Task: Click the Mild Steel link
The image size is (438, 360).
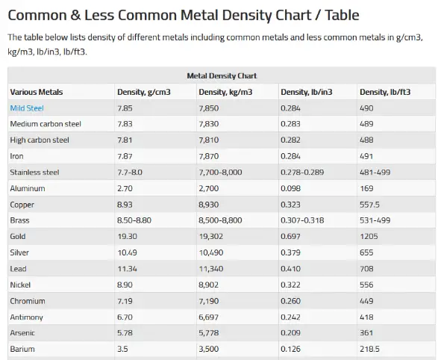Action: pos(27,108)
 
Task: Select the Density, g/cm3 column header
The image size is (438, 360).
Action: pos(143,92)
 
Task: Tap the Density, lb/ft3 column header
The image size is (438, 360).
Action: pos(385,92)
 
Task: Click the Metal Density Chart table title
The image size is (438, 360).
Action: pos(222,75)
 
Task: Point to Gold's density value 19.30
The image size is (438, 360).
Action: pos(127,237)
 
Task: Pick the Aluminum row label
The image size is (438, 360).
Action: pos(28,188)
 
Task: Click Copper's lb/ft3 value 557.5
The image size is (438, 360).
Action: pos(369,205)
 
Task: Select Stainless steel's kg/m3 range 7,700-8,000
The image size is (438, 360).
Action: pos(220,173)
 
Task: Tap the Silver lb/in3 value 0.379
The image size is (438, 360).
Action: pos(290,252)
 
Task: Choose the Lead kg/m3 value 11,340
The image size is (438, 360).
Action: pos(210,269)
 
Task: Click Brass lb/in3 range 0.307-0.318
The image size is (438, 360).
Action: pos(302,220)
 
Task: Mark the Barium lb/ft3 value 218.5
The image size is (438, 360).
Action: pos(369,349)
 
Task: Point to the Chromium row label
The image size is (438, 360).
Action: pos(28,301)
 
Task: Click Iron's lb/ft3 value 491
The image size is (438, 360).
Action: pos(366,156)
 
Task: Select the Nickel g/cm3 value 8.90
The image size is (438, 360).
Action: pos(125,285)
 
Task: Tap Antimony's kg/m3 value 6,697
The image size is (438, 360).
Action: pos(208,317)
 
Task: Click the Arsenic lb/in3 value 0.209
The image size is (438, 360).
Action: pos(290,333)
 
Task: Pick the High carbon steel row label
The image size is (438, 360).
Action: pos(40,140)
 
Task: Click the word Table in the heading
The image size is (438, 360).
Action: pos(342,15)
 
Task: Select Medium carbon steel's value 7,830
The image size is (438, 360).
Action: pos(208,124)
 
